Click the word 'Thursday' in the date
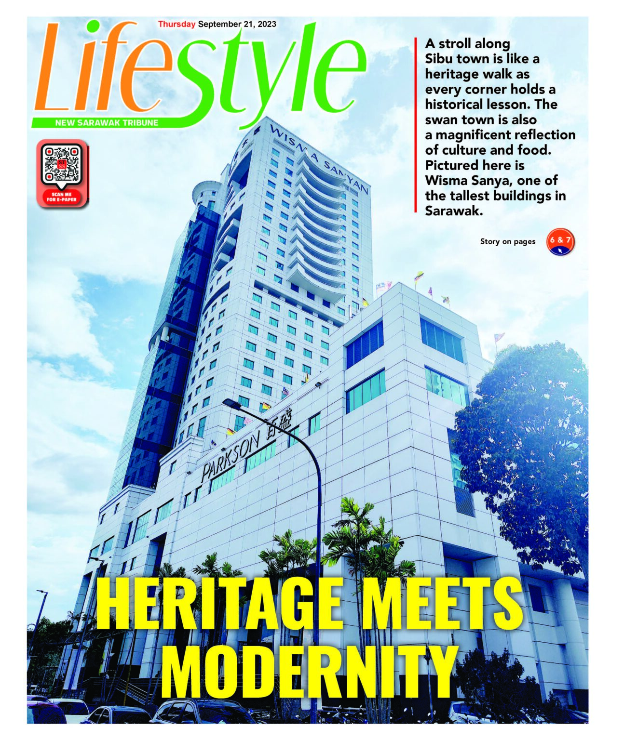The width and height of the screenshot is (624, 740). [176, 24]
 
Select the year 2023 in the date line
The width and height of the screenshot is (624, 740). [267, 24]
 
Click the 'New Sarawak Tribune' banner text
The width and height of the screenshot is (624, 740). [107, 123]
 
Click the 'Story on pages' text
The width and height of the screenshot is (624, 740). [507, 241]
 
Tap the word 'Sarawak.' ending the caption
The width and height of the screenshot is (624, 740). [453, 211]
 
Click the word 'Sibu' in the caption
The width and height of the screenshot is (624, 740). [439, 59]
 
